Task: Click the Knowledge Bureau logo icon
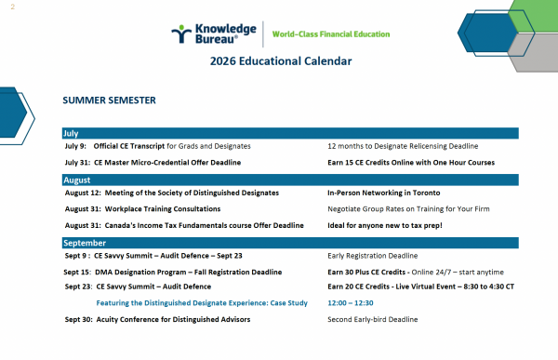[x=181, y=33]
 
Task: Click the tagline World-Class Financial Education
[x=331, y=34]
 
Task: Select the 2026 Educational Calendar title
[x=281, y=60]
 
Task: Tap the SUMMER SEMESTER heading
[x=109, y=100]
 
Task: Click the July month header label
[x=71, y=133]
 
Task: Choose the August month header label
[x=77, y=180]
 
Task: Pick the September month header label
[x=85, y=243]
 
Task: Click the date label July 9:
[x=75, y=146]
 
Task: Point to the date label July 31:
[x=77, y=163]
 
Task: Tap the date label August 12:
[x=83, y=193]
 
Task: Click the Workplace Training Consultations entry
[x=163, y=209]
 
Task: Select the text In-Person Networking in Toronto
[x=383, y=193]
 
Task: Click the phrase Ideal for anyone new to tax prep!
[x=385, y=225]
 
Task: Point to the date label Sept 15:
[x=77, y=272]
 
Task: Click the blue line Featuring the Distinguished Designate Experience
[x=202, y=303]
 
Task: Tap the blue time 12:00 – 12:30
[x=351, y=303]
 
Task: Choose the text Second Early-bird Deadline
[x=373, y=319]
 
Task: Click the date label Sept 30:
[x=79, y=319]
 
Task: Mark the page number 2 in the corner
[x=13, y=7]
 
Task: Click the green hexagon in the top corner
[x=535, y=16]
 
